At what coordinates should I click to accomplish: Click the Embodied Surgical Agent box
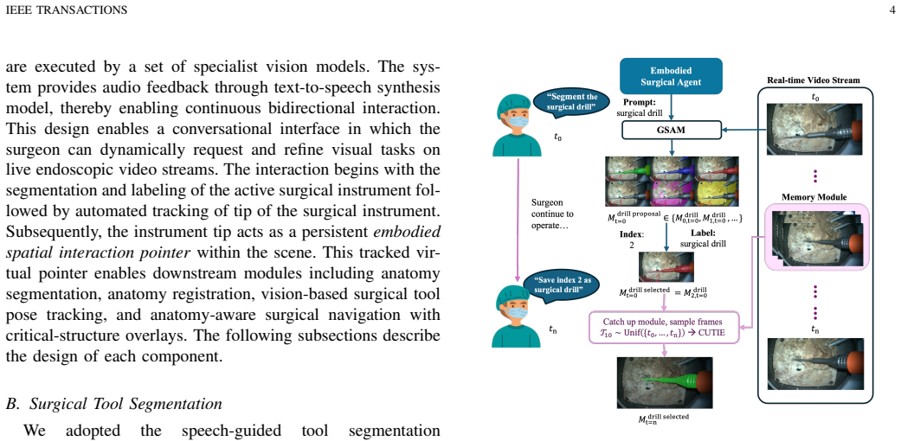click(x=671, y=76)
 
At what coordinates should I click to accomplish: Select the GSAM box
click(x=671, y=131)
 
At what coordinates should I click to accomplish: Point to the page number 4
click(x=891, y=10)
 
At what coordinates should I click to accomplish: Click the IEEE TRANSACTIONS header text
click(x=66, y=10)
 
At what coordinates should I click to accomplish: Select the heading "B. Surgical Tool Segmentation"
click(x=113, y=404)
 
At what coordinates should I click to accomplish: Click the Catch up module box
click(x=664, y=328)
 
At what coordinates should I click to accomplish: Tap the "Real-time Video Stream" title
click(x=814, y=80)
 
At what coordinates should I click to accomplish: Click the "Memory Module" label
click(x=814, y=197)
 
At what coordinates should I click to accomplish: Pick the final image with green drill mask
click(x=664, y=383)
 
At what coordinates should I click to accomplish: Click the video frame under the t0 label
click(x=814, y=129)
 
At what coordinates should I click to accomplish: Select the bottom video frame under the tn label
click(x=814, y=364)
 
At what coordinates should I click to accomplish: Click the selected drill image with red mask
click(x=665, y=267)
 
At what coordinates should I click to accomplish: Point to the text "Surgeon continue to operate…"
click(x=551, y=214)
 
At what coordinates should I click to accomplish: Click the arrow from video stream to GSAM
click(x=744, y=131)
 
